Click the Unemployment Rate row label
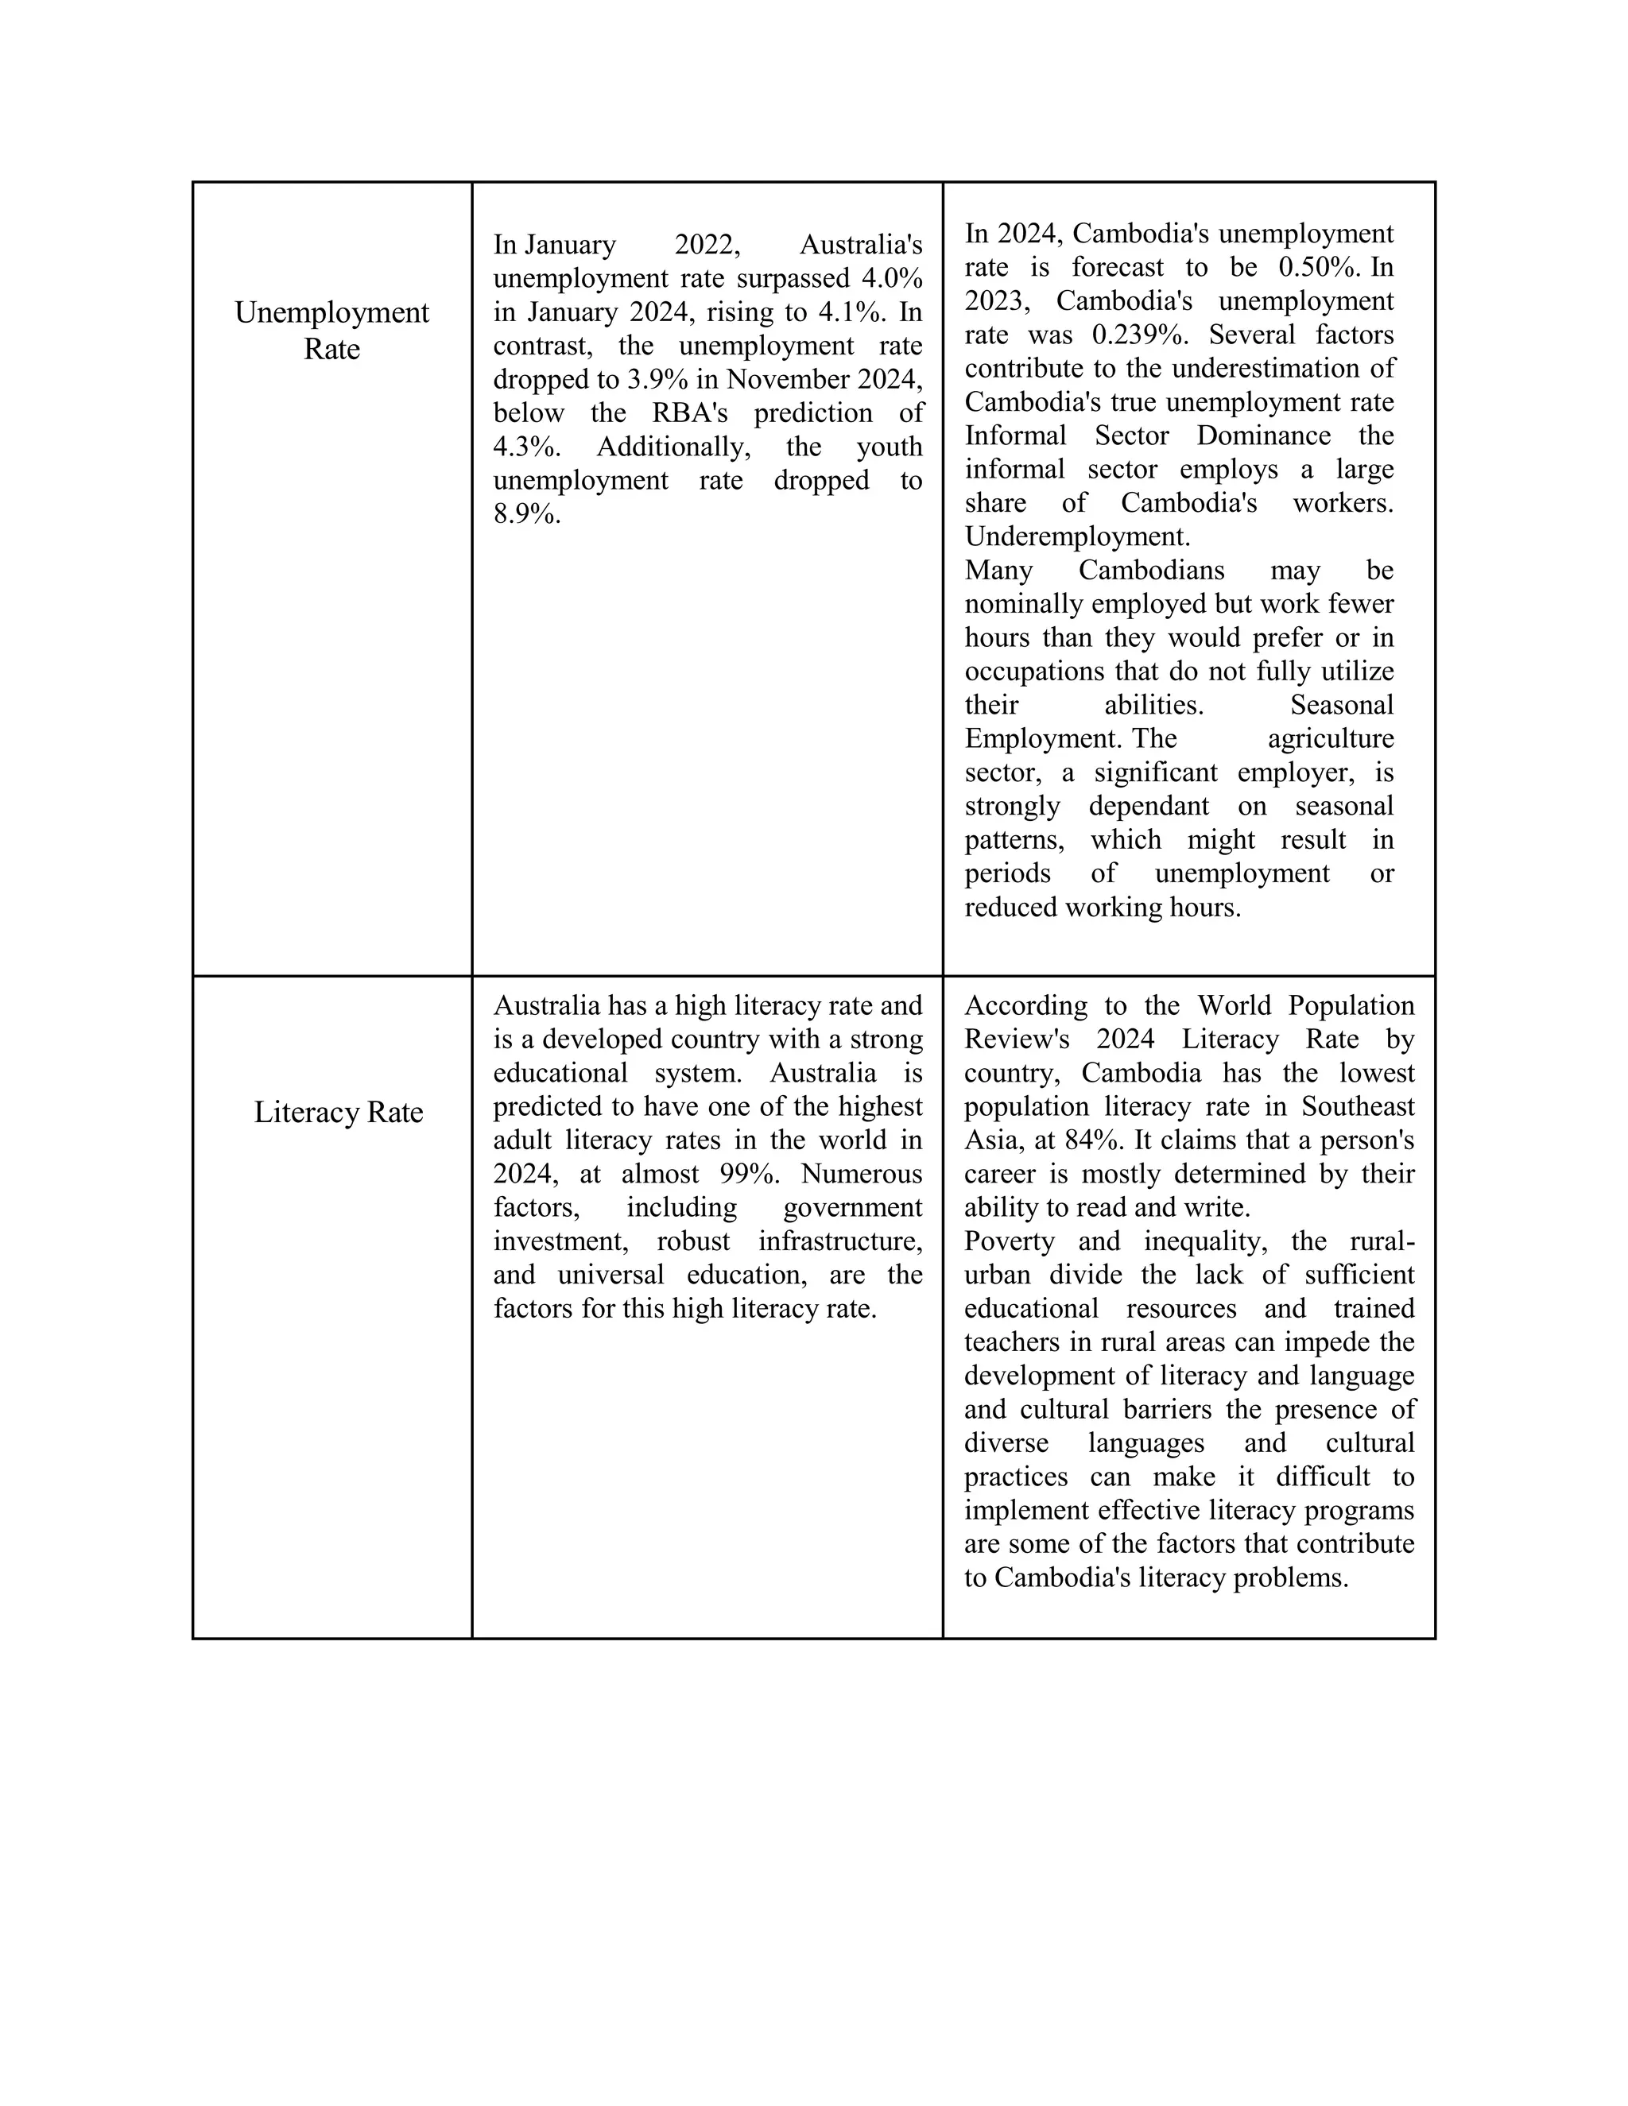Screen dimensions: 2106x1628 coord(331,331)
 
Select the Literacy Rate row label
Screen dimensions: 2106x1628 coord(339,1112)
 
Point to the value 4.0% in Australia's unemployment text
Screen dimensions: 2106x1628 coord(892,279)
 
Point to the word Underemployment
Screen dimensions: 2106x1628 coord(1077,536)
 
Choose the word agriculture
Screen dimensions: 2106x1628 coord(1330,738)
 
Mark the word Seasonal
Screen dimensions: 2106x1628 coord(1342,705)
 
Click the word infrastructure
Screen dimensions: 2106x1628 coord(840,1241)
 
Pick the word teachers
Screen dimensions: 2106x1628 coord(1009,1342)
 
